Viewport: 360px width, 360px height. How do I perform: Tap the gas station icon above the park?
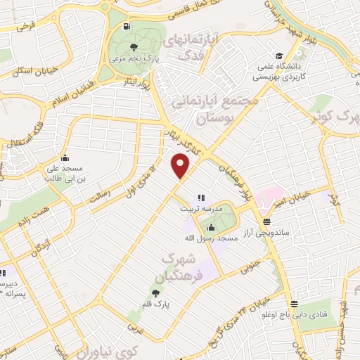pyautogui.click(x=126, y=27)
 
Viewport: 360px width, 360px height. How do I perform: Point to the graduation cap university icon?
pyautogui.click(x=279, y=56)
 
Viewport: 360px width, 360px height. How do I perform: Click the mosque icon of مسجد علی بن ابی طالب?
pyautogui.click(x=65, y=157)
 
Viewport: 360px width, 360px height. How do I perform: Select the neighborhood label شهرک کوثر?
pyautogui.click(x=335, y=116)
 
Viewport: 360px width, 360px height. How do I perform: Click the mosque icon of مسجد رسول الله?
pyautogui.click(x=212, y=226)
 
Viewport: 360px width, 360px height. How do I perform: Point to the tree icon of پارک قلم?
pyautogui.click(x=153, y=292)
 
